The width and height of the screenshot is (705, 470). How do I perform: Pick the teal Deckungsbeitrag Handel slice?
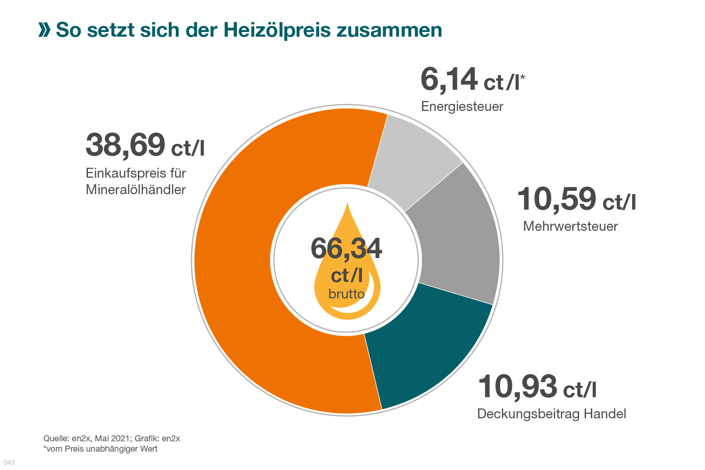[x=423, y=348]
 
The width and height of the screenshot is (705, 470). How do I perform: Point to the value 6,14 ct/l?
[x=472, y=80]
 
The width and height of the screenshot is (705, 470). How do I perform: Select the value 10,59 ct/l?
[x=576, y=199]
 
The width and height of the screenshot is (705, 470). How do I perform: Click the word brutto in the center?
[x=346, y=294]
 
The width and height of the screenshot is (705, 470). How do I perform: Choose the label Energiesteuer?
[x=462, y=107]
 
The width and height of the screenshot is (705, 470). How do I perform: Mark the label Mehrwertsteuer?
[x=570, y=226]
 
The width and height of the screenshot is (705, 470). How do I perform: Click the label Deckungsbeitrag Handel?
[x=551, y=414]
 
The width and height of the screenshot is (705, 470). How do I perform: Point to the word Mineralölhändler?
[x=136, y=189]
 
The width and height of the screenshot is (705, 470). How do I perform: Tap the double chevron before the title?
[x=44, y=30]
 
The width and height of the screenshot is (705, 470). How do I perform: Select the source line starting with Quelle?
[x=111, y=439]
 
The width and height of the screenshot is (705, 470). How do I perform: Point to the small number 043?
[x=9, y=462]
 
